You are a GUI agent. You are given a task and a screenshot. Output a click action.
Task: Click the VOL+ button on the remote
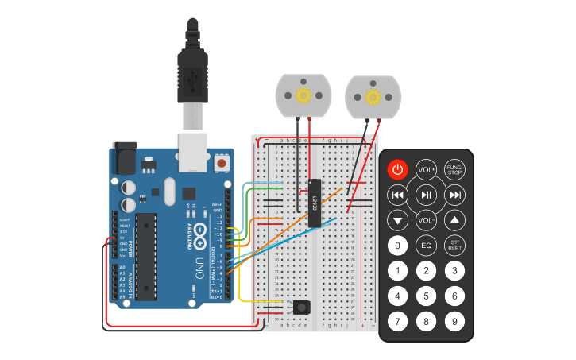click(426, 169)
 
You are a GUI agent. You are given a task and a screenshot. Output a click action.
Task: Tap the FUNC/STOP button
click(454, 169)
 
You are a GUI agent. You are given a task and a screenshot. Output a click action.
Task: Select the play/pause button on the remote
click(426, 195)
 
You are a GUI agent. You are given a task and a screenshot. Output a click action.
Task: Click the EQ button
click(426, 246)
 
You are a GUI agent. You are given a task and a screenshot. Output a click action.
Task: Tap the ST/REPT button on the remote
click(454, 246)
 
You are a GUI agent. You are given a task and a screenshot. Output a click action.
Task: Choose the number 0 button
click(398, 246)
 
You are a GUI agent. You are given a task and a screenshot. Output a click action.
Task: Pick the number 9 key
click(454, 322)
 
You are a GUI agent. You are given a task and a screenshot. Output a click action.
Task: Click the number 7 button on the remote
click(398, 322)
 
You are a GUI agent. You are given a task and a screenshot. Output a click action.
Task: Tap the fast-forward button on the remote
click(454, 195)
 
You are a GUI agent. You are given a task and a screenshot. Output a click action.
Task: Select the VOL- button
click(426, 220)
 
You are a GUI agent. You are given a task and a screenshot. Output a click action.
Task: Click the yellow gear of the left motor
click(303, 95)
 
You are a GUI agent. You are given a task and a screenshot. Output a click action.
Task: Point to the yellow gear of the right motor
click(373, 97)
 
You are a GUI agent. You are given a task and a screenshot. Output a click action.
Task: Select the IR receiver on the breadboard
click(302, 307)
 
